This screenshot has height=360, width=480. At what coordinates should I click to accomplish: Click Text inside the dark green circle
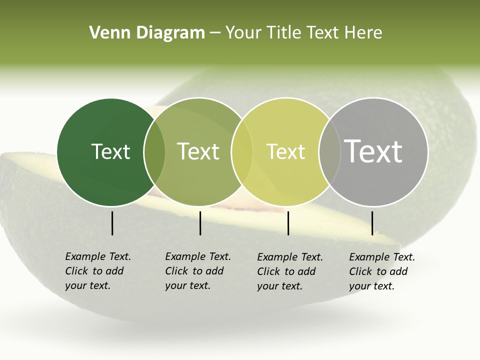pyautogui.click(x=110, y=151)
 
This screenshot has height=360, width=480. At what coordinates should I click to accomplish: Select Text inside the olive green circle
pyautogui.click(x=198, y=151)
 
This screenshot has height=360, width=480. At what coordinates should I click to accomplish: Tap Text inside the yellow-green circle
pyautogui.click(x=285, y=151)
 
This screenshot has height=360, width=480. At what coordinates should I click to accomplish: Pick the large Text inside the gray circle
pyautogui.click(x=373, y=151)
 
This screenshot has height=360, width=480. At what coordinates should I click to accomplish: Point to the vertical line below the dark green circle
pyautogui.click(x=112, y=223)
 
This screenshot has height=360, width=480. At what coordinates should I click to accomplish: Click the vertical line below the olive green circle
pyautogui.click(x=200, y=223)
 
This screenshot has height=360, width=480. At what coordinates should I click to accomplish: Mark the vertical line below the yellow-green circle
pyautogui.click(x=288, y=223)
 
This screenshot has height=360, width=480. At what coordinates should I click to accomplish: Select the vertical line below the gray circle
pyautogui.click(x=372, y=223)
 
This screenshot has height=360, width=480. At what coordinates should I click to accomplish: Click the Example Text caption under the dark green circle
pyautogui.click(x=98, y=271)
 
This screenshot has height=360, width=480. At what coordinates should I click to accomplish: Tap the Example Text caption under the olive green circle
pyautogui.click(x=198, y=271)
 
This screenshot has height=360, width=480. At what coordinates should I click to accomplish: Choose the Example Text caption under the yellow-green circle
pyautogui.click(x=290, y=271)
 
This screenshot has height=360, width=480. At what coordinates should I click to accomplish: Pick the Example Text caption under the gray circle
pyautogui.click(x=382, y=271)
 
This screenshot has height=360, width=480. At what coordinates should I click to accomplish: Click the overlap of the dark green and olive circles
pyautogui.click(x=154, y=151)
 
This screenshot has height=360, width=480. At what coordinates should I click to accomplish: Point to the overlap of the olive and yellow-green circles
pyautogui.click(x=242, y=151)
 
